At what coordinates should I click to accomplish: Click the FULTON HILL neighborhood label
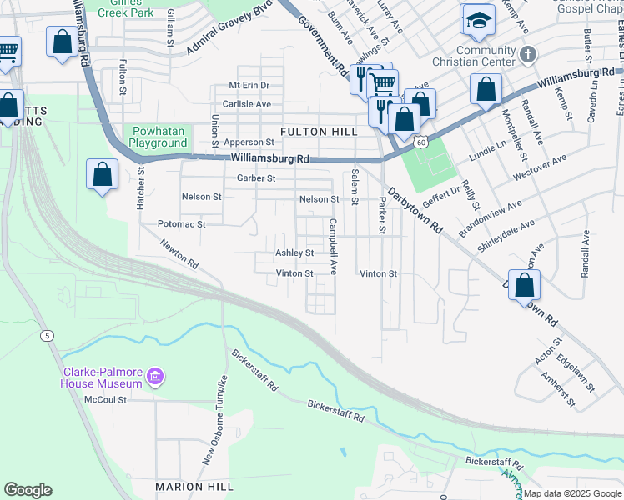(319, 132)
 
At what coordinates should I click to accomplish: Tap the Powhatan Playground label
(159, 137)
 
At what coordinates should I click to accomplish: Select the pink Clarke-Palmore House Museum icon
(153, 378)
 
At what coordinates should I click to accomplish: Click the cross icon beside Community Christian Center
(526, 54)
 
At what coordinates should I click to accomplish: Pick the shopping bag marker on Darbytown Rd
(524, 285)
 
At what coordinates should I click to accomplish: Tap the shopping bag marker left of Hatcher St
(102, 175)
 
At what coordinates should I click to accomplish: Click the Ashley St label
(294, 252)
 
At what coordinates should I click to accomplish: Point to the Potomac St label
(181, 224)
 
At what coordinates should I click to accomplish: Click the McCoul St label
(105, 399)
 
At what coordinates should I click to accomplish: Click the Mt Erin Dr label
(249, 86)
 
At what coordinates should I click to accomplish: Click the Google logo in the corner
(28, 490)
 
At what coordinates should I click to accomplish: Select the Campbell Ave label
(333, 247)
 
